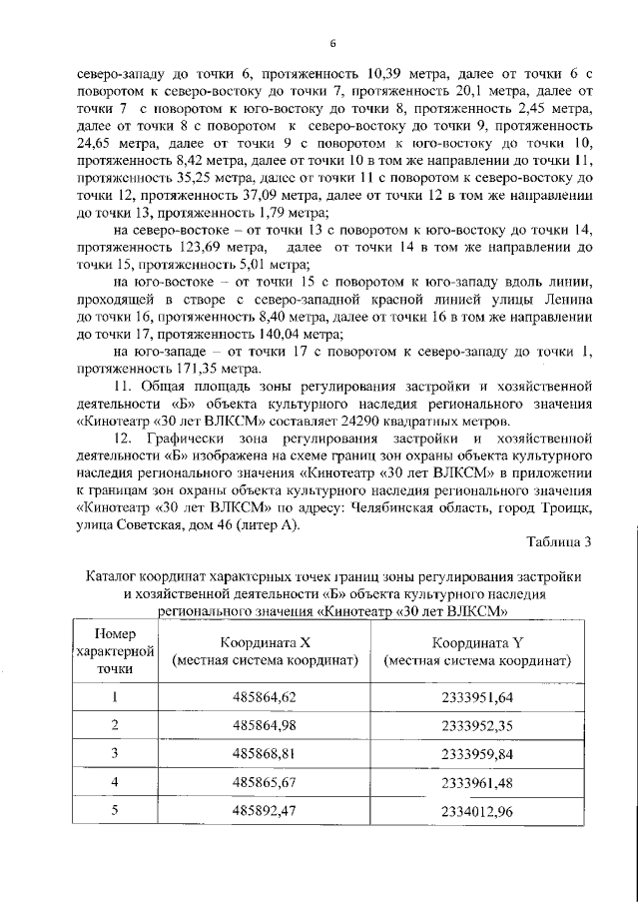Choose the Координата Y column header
coord(477,652)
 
